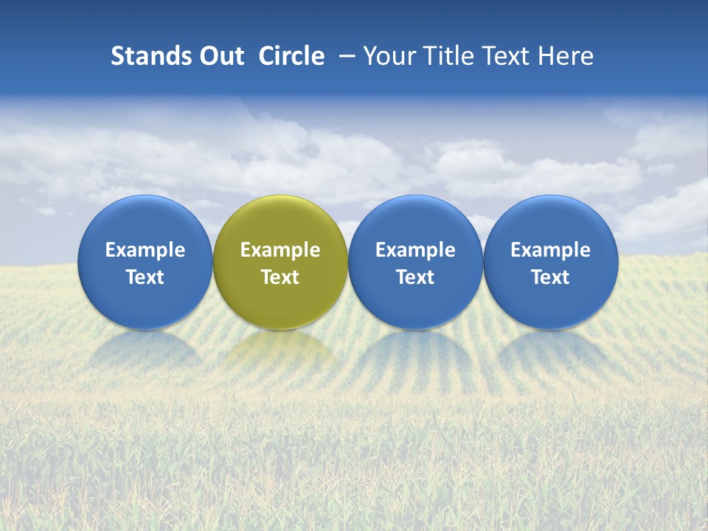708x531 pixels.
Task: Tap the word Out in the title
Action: tap(221, 56)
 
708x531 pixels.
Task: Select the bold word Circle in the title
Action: tap(291, 56)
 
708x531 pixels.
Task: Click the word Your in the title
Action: tap(389, 56)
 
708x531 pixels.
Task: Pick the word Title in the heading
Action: tap(445, 56)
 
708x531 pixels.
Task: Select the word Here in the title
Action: tap(565, 56)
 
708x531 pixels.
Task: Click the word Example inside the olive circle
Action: tap(280, 250)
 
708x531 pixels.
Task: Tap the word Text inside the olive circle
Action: tap(280, 277)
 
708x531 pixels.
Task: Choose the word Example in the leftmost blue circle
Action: tap(145, 250)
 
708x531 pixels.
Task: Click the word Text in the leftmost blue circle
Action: tap(145, 277)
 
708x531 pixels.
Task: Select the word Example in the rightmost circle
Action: tap(550, 250)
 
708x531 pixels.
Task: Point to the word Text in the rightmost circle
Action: tap(550, 277)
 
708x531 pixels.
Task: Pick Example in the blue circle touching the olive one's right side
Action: tap(415, 250)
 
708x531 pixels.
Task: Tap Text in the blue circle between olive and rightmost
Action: tap(415, 277)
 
